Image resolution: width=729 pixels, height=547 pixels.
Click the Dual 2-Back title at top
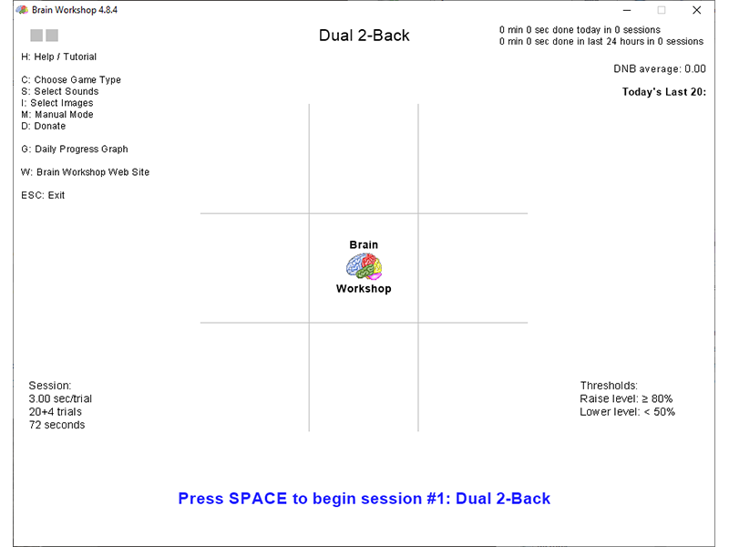click(364, 36)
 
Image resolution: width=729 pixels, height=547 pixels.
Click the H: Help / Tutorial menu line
click(58, 57)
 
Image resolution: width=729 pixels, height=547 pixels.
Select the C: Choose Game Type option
click(71, 80)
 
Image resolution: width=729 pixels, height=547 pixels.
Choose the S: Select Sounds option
click(59, 91)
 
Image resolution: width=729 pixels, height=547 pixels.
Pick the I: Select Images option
click(56, 103)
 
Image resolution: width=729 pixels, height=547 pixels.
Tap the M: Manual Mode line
click(56, 115)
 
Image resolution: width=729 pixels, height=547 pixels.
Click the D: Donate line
click(43, 126)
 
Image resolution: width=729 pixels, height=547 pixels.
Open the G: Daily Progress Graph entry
click(74, 149)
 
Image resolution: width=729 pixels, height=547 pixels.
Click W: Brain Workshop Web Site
click(85, 172)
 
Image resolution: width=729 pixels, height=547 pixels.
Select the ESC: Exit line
click(43, 195)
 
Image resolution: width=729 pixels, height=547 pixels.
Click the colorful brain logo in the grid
click(364, 267)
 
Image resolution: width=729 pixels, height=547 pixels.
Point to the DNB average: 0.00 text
click(660, 68)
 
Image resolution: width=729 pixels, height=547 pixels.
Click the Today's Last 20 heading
click(664, 91)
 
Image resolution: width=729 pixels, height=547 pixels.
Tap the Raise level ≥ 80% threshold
click(626, 399)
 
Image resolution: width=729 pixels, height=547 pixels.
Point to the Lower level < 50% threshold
click(627, 412)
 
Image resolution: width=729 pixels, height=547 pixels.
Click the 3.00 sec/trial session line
click(60, 398)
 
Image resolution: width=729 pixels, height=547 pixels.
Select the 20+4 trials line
click(55, 412)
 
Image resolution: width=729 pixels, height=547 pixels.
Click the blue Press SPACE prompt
click(364, 499)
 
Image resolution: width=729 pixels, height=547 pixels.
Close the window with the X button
click(697, 10)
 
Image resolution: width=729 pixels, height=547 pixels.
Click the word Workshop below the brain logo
click(364, 289)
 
